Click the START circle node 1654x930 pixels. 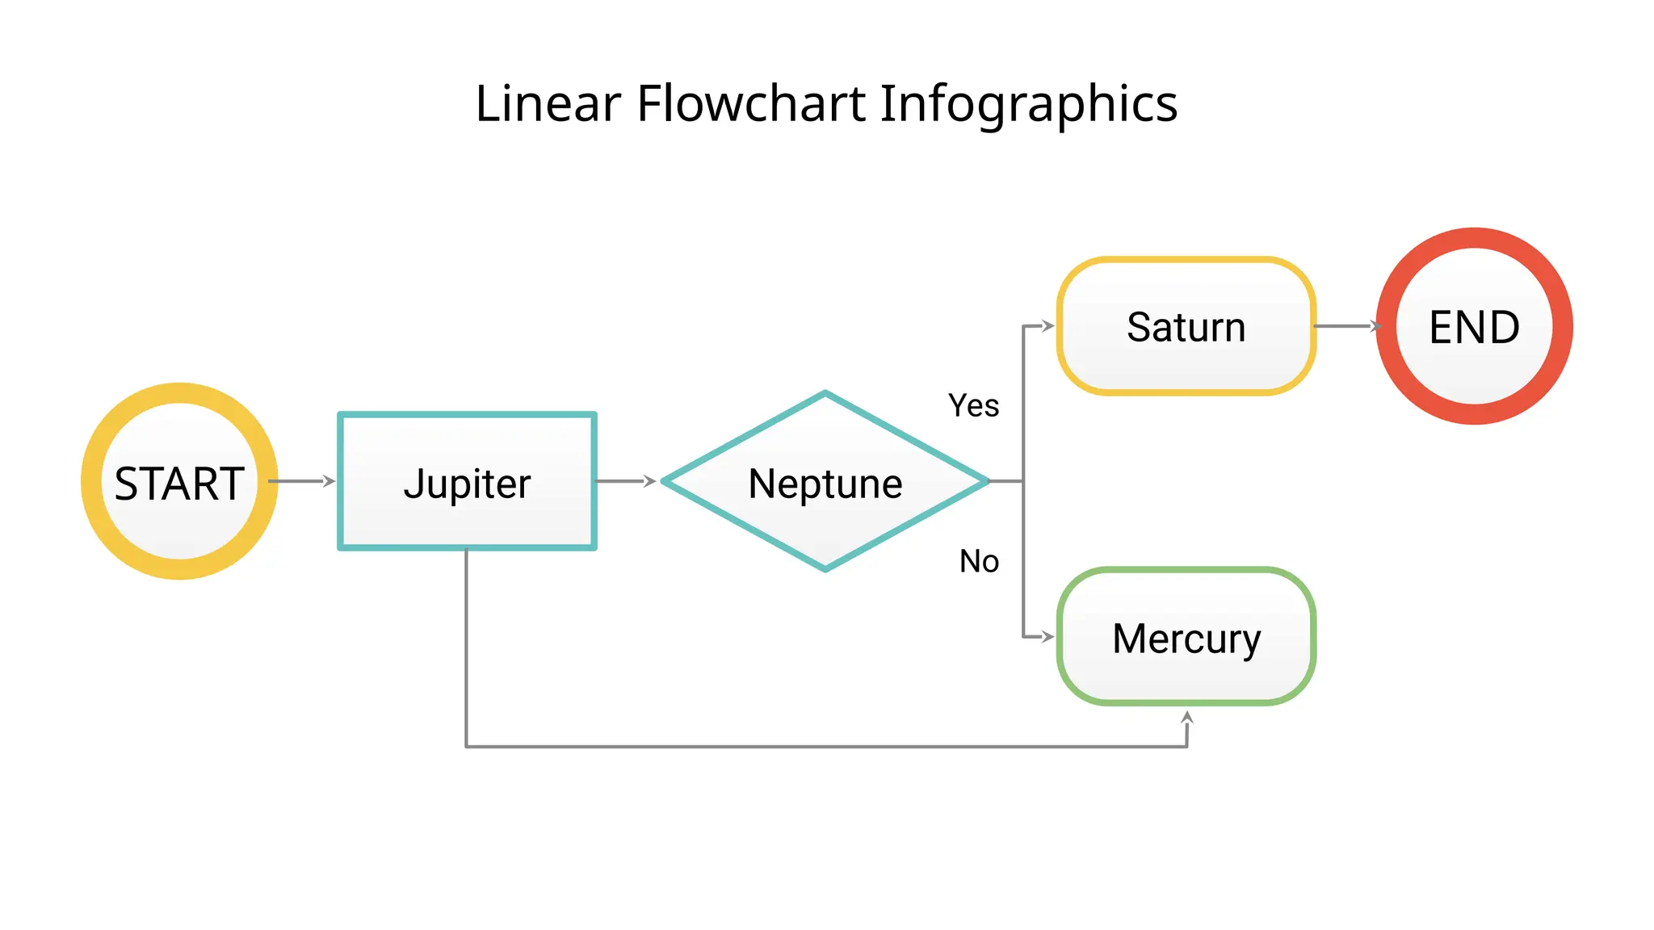tap(179, 481)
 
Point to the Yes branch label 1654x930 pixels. tap(973, 405)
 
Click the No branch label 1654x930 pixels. tap(979, 561)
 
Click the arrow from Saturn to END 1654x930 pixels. tap(1345, 326)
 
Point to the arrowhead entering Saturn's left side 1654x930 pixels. tap(1048, 326)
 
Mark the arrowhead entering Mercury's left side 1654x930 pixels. tap(1048, 637)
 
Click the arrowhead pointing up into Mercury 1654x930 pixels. tap(1186, 717)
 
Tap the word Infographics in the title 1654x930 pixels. tap(1028, 105)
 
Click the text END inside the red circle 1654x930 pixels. tap(1474, 327)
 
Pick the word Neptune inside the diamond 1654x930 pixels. tap(825, 484)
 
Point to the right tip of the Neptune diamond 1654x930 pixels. tap(986, 481)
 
